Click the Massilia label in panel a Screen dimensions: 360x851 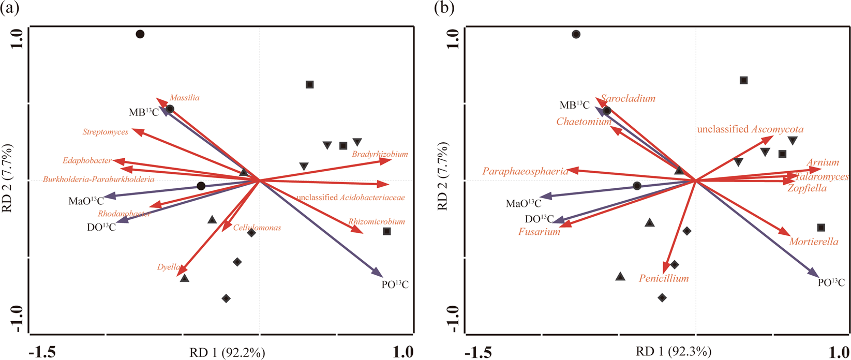tap(184, 98)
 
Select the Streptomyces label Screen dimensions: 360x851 tap(106, 132)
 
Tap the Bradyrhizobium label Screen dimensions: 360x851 tap(380, 154)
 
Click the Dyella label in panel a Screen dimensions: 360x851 tap(169, 267)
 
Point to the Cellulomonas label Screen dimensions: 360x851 tap(257, 228)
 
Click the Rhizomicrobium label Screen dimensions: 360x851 tap(376, 222)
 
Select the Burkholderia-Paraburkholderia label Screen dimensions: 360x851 tap(98, 179)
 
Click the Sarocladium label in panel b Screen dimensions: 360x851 tap(628, 98)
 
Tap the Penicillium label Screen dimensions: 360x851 tap(664, 278)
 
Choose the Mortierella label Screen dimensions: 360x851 tap(814, 242)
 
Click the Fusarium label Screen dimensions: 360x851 tap(539, 232)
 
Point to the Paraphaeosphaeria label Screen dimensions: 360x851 tap(526, 171)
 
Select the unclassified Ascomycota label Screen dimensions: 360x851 tap(750, 129)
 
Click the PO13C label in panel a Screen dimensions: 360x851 tap(395, 284)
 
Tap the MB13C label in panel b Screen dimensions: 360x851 tap(574, 106)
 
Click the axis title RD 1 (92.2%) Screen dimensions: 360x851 tap(229, 353)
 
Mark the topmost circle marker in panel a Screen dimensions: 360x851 tap(140, 34)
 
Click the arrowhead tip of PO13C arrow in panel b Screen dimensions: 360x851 tap(818, 275)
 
